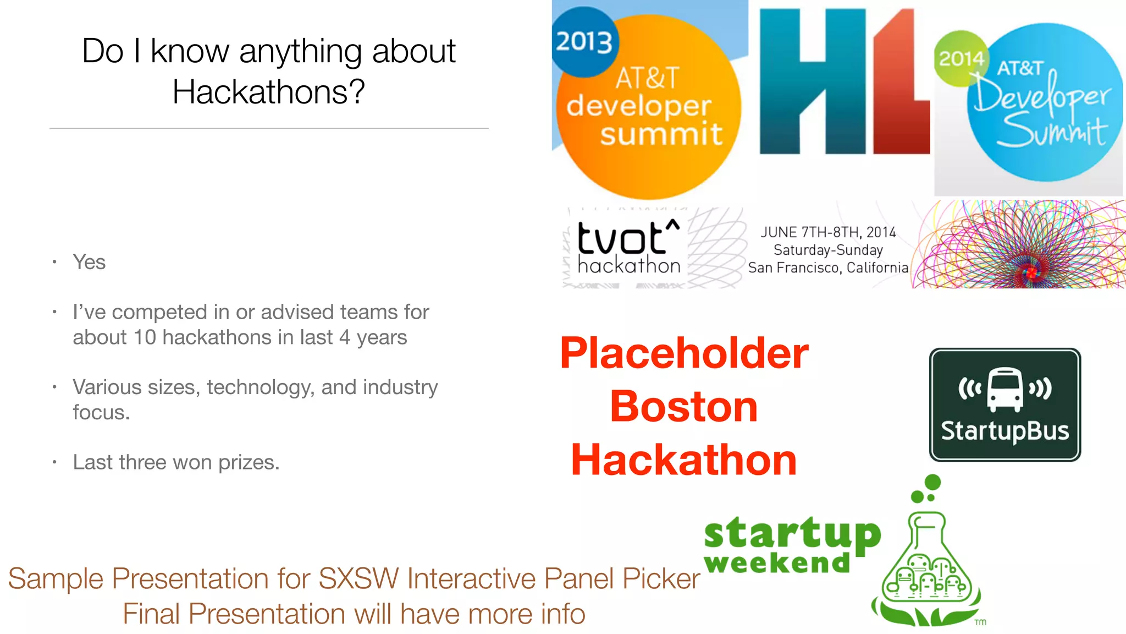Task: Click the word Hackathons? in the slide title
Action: (x=268, y=92)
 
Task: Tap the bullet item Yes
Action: (x=89, y=263)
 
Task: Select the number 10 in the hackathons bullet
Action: (x=145, y=337)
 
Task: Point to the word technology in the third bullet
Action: (x=259, y=387)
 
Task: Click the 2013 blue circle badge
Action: (x=584, y=42)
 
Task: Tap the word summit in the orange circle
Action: (x=661, y=134)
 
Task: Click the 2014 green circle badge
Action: (x=960, y=58)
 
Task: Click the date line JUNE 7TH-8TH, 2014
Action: (x=828, y=232)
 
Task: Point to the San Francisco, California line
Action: (x=828, y=268)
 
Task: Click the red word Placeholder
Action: (x=684, y=353)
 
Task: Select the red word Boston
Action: (x=684, y=407)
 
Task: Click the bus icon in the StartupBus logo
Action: (x=1004, y=389)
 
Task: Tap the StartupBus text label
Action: (x=1004, y=431)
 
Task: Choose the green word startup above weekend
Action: (x=792, y=534)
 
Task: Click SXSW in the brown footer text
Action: (x=358, y=579)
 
